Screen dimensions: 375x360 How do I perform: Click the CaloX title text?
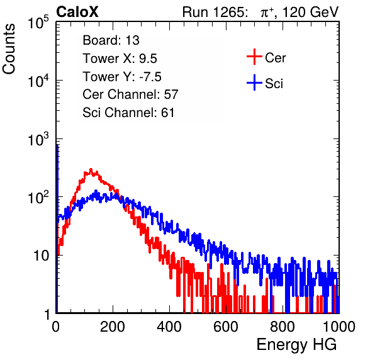[x=77, y=12]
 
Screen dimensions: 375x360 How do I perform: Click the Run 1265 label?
[x=215, y=12]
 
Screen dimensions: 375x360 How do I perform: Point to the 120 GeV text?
[x=311, y=12]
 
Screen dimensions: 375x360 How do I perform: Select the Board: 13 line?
[x=111, y=40]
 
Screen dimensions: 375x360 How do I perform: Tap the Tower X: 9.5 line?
[x=120, y=59]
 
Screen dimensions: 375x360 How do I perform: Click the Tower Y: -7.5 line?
[x=122, y=77]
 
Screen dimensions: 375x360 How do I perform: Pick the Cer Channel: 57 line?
[x=130, y=94]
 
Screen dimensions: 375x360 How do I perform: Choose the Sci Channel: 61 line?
[x=128, y=113]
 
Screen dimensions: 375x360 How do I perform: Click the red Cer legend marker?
[x=254, y=57]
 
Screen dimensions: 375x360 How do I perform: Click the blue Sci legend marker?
[x=254, y=83]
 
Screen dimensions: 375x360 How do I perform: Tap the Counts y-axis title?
[x=9, y=49]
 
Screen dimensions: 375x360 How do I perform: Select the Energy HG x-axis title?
[x=296, y=345]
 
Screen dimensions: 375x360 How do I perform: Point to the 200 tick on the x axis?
[x=113, y=327]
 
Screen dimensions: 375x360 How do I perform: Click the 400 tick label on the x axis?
[x=169, y=327]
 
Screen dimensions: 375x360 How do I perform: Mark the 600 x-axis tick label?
[x=226, y=327]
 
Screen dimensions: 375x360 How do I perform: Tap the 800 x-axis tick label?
[x=283, y=327]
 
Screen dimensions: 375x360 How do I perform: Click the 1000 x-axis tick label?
[x=339, y=327]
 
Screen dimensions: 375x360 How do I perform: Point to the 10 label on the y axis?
[x=41, y=256]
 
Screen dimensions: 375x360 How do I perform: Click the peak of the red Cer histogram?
[x=91, y=169]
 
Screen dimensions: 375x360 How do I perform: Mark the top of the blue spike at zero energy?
[x=57, y=145]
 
